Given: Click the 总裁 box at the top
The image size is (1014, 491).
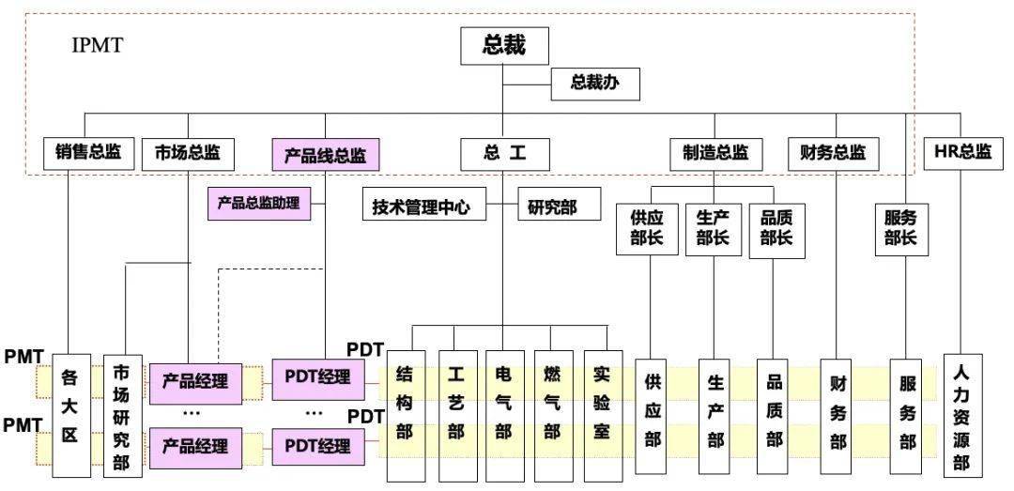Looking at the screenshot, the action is point(504,45).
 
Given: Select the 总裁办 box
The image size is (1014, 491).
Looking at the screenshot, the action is point(595,84).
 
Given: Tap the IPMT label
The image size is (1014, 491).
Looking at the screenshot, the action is point(97,45).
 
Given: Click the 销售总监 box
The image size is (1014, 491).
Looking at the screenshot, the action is point(83,154).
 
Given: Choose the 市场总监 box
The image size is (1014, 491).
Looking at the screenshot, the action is point(188,154).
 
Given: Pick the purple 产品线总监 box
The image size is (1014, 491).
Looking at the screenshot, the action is point(325,155).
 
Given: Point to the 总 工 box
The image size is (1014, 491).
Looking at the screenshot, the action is point(505,154).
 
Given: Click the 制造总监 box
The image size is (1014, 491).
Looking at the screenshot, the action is point(715,154).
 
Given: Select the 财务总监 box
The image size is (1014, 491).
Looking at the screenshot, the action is point(833,154).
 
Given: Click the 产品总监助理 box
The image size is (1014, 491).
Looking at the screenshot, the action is point(259,204).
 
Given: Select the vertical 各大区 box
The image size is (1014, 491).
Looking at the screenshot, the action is point(70,415).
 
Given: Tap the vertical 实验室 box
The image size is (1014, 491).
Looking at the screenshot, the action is point(604,416).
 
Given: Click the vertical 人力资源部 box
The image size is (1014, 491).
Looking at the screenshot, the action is point(963,415).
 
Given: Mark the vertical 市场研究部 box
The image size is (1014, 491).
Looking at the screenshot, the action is point(122,415).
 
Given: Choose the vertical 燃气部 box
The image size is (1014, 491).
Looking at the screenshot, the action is point(554,416).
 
